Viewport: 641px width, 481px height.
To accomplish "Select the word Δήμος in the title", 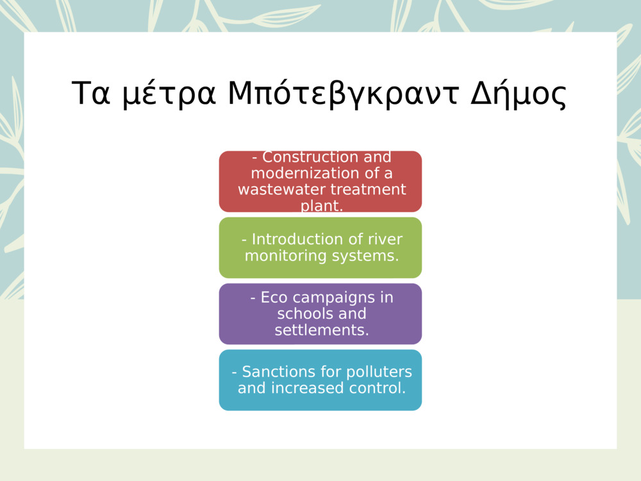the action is pos(519,94).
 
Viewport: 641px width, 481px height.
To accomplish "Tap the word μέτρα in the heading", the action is pos(169,94).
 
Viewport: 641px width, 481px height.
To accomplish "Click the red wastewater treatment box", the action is pos(320,181).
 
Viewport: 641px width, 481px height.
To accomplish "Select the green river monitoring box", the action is pos(320,248).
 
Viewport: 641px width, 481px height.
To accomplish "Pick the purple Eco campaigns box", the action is pos(320,314).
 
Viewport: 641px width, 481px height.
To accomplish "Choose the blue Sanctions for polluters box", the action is pos(320,380).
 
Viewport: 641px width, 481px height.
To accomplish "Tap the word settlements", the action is pos(322,330).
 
